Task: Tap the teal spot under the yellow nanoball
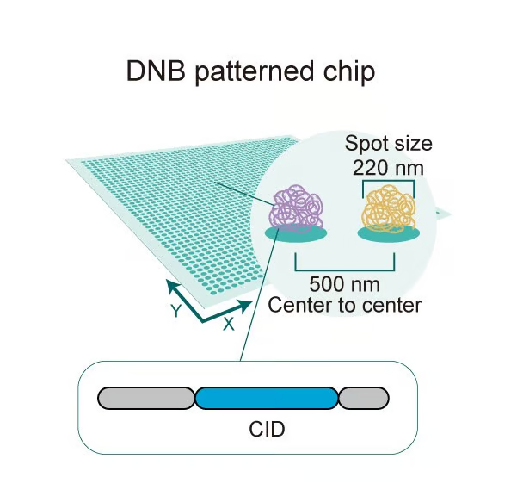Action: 390,233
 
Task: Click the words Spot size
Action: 388,143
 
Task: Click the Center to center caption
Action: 345,304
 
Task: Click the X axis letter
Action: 229,324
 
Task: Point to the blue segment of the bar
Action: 267,398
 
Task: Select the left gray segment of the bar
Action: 146,398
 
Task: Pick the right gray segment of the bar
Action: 363,398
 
